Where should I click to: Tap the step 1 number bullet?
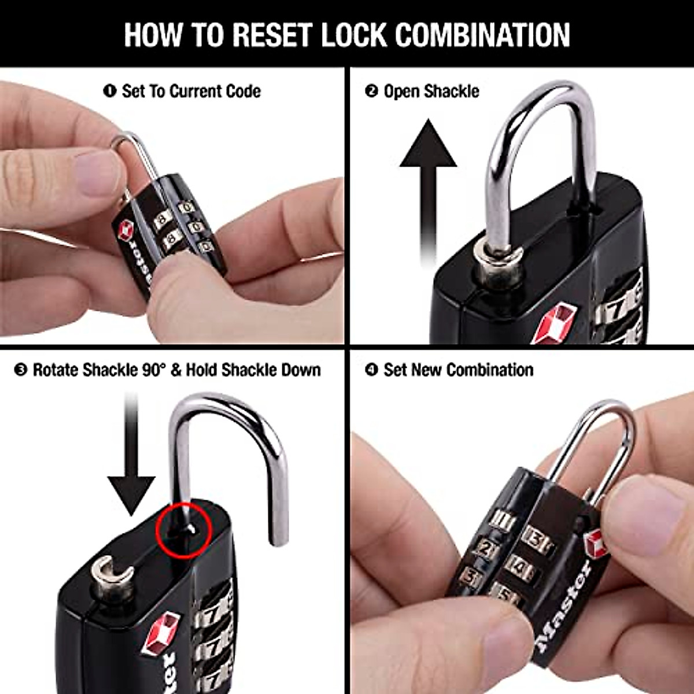(109, 91)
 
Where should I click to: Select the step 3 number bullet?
(21, 370)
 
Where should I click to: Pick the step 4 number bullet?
(371, 370)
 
